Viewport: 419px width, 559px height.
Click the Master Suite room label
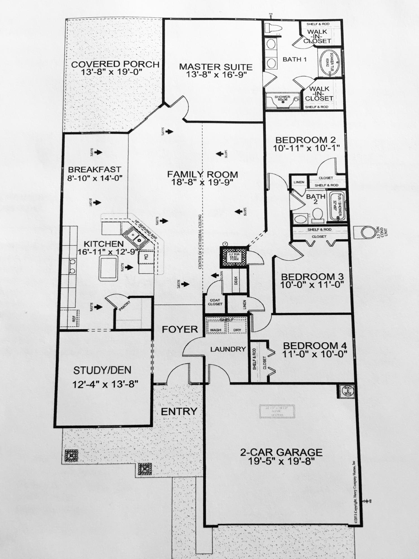coord(216,67)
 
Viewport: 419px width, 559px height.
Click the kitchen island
coord(108,269)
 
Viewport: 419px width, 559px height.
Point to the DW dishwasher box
coord(146,257)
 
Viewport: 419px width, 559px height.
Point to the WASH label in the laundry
coord(215,330)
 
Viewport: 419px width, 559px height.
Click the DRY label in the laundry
coord(237,330)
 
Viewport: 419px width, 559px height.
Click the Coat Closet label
coord(215,302)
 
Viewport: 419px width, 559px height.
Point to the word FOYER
coord(180,329)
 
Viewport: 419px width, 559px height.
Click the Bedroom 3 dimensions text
coord(312,284)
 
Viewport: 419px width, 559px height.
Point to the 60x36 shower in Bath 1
coord(282,101)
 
